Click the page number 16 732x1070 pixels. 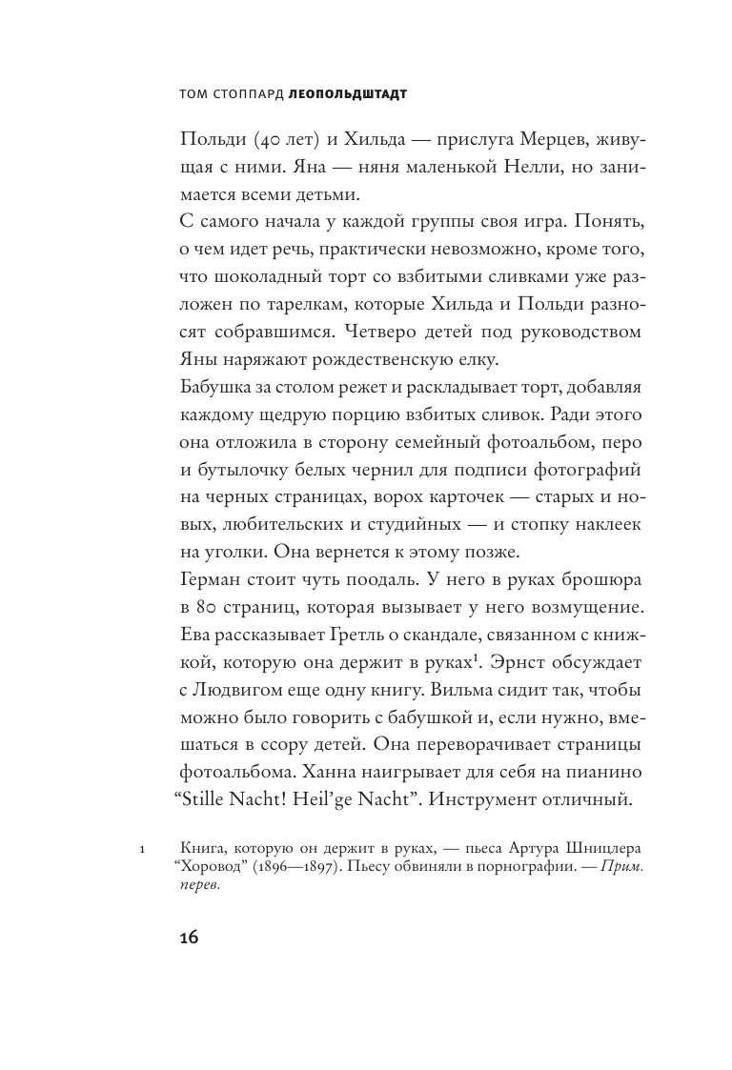point(188,938)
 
